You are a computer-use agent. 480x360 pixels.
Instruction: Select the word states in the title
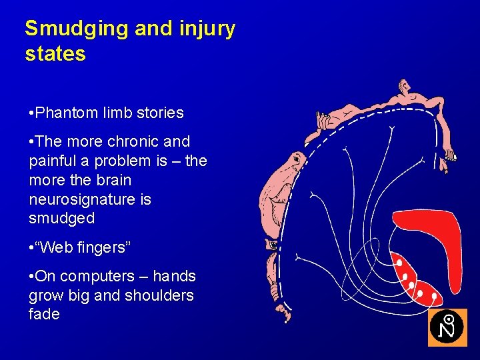[55, 54]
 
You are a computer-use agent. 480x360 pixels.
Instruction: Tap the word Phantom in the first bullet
[63, 113]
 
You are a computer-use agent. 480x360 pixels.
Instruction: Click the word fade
[44, 314]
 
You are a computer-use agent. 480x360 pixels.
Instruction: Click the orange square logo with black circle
[447, 327]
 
